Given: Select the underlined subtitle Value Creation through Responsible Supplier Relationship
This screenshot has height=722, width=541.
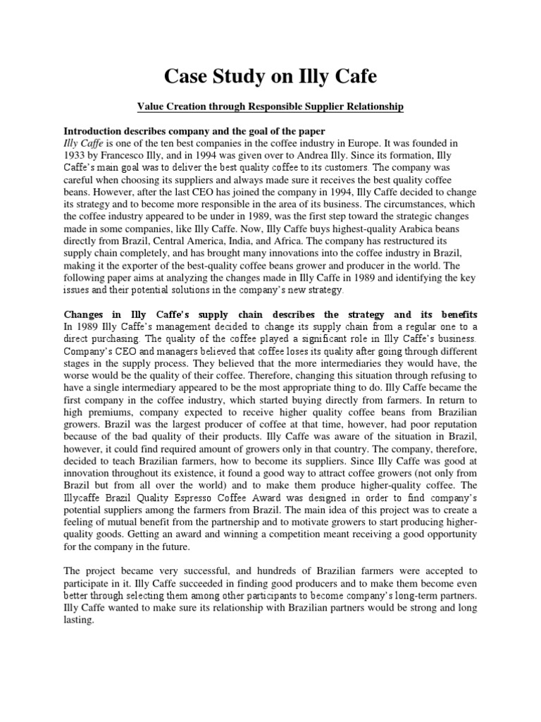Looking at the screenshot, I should [x=270, y=106].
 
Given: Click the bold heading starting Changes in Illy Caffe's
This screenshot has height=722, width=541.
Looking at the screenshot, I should [x=270, y=314].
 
